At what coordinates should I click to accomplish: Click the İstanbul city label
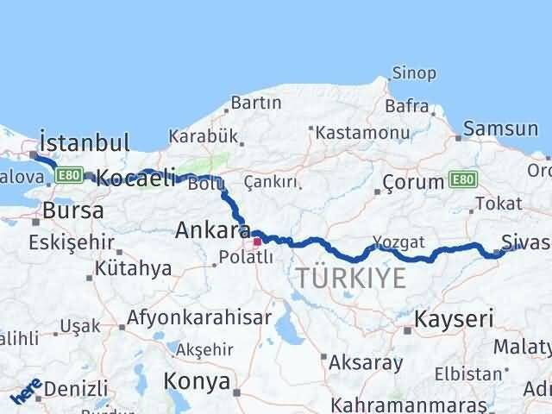(x=84, y=142)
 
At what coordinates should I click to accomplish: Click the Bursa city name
(x=73, y=210)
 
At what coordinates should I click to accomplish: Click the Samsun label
(x=499, y=129)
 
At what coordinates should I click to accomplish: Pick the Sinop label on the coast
(x=414, y=73)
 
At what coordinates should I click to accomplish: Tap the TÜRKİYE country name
(x=350, y=278)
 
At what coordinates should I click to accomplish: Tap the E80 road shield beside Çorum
(x=462, y=180)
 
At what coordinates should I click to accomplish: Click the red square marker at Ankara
(x=256, y=241)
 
